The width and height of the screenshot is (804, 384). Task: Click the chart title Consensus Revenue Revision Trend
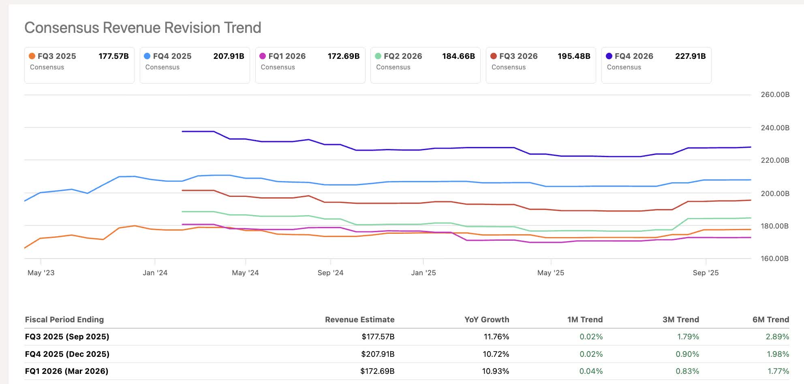click(143, 28)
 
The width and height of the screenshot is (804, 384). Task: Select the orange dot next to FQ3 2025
click(32, 56)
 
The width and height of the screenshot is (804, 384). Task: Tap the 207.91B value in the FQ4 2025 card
click(229, 56)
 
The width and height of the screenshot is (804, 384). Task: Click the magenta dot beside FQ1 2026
click(262, 56)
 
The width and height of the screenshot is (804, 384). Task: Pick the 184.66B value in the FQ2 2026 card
click(458, 56)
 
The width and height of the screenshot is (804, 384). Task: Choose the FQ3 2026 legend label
click(518, 56)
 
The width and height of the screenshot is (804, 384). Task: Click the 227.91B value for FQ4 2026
click(690, 56)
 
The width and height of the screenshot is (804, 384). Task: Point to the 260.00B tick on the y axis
click(775, 95)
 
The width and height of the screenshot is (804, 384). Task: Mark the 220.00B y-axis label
click(775, 160)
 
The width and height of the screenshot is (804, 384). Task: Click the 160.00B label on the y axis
click(774, 259)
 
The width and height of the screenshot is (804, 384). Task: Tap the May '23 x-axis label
click(41, 273)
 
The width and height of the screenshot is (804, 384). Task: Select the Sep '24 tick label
click(330, 273)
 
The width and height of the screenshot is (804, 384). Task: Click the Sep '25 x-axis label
click(706, 273)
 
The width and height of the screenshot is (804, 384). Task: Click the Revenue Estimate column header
click(359, 319)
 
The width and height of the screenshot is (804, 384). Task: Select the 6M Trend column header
click(770, 319)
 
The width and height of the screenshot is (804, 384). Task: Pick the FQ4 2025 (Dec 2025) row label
click(67, 354)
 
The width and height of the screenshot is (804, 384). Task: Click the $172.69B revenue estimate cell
click(377, 371)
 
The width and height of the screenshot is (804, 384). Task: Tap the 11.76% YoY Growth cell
click(496, 337)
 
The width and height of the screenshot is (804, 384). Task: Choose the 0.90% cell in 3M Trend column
click(687, 354)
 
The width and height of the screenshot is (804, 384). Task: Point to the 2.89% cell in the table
click(777, 337)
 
